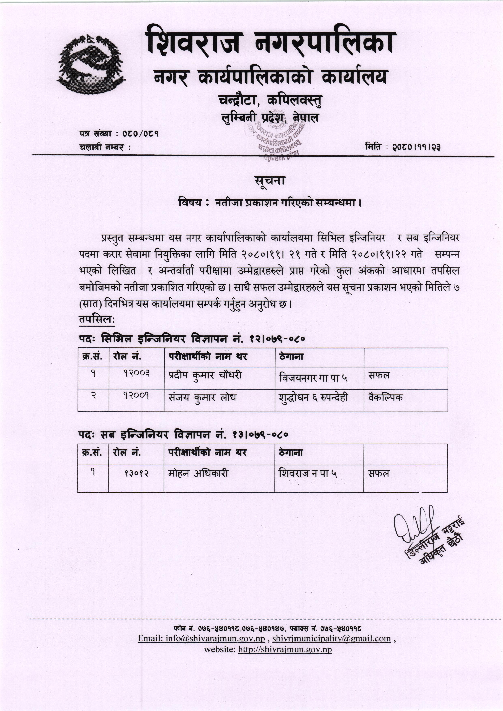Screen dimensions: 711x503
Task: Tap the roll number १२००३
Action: click(136, 374)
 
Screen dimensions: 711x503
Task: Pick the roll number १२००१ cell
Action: click(136, 396)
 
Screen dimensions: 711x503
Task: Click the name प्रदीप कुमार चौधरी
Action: click(205, 375)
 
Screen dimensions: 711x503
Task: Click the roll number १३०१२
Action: click(136, 473)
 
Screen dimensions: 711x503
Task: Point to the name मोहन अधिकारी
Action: click(198, 473)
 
